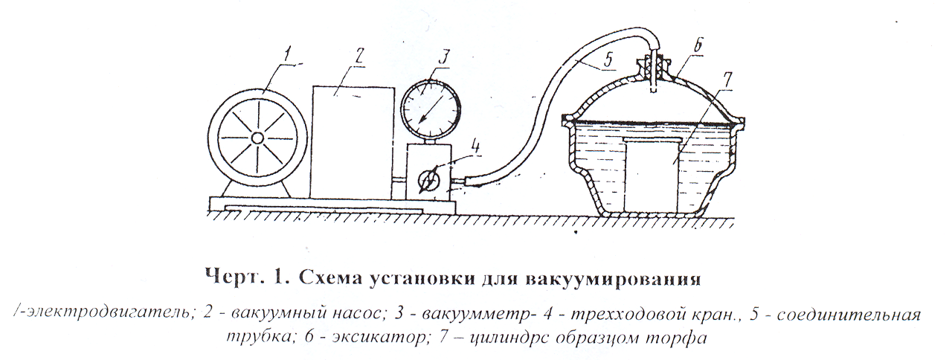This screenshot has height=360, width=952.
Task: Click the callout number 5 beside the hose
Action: (x=608, y=60)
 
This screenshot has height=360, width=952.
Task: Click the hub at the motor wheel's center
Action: (x=257, y=138)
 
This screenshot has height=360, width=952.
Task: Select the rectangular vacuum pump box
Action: (x=353, y=141)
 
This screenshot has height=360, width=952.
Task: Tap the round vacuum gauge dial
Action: (x=430, y=109)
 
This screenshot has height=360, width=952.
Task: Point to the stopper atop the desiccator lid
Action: (x=653, y=68)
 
